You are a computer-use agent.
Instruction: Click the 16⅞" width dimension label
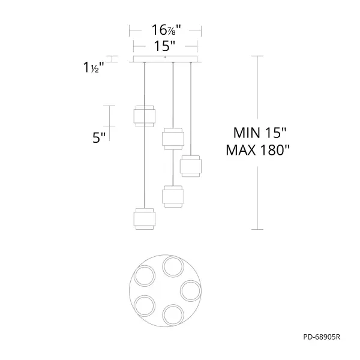coord(166,30)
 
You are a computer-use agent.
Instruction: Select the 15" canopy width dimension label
coord(164,46)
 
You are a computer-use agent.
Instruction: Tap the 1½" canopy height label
coord(94,67)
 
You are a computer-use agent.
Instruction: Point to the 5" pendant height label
coord(99,138)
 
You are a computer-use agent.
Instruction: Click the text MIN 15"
coord(260,133)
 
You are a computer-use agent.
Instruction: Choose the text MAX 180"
coord(257,150)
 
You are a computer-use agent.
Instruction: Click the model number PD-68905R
coord(322,337)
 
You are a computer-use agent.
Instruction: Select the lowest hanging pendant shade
coord(145,219)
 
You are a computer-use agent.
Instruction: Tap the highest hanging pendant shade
coord(145,116)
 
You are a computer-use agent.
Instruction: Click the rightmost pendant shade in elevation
coord(191,166)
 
